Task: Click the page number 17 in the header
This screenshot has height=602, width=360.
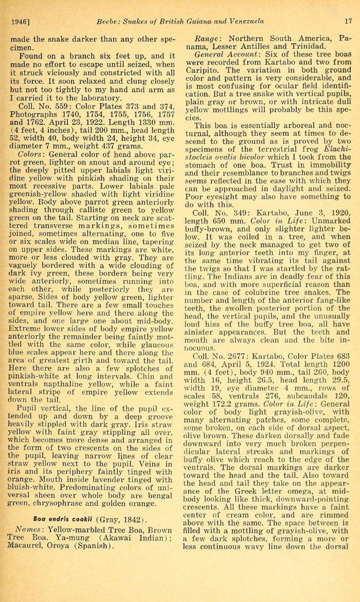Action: point(348,21)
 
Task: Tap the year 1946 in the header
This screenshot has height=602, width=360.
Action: point(20,21)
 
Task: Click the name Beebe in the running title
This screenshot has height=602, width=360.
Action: point(109,21)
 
